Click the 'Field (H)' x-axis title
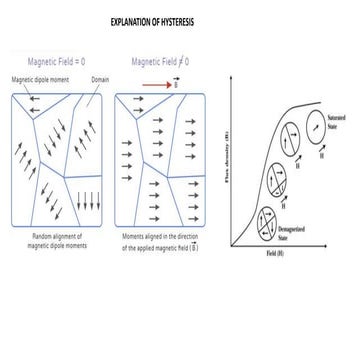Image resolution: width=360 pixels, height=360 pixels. [274, 252]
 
